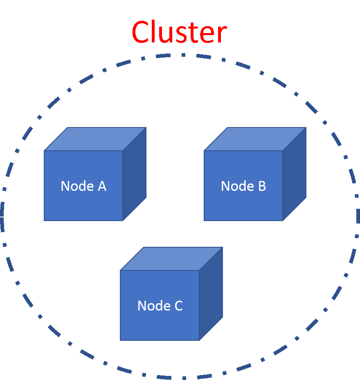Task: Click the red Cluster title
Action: (179, 33)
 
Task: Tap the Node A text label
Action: (83, 186)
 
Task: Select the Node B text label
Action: (243, 186)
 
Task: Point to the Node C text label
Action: (160, 306)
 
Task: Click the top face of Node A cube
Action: (95, 139)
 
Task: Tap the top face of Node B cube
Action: (255, 139)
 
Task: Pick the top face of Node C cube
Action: (171, 259)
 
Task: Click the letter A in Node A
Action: (102, 186)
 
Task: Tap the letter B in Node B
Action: (262, 186)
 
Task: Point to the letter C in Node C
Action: (178, 306)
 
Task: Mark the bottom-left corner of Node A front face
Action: (45, 221)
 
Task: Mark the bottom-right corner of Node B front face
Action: (283, 221)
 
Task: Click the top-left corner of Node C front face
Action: (121, 270)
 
